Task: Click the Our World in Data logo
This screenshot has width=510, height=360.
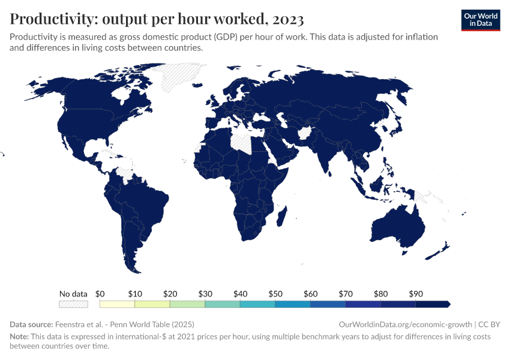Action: coord(480,20)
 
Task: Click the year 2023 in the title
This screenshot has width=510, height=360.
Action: coord(287,19)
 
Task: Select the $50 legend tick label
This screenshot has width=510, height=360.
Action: coord(275,294)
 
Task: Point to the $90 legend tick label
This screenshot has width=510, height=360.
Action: coord(415,294)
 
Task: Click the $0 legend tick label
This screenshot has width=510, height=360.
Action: coord(100,294)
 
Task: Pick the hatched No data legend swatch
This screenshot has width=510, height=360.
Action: coord(73,304)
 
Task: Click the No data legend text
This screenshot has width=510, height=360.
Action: coord(73,294)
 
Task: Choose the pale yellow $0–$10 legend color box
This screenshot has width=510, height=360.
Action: coord(118,304)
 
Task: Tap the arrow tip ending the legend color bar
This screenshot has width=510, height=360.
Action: coord(448,304)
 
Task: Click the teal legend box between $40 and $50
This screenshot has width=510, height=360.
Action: coord(257,304)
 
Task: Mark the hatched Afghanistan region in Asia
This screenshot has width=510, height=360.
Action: coord(305,132)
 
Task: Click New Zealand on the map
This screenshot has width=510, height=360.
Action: coord(441,248)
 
